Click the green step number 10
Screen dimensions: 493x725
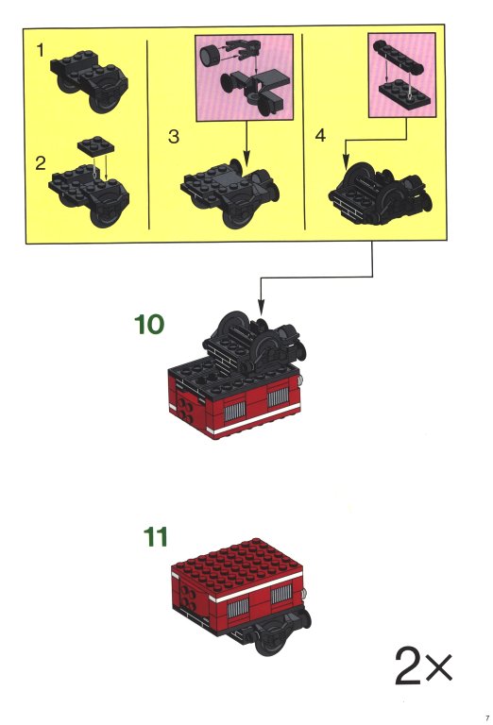click(149, 324)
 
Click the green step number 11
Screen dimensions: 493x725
click(156, 537)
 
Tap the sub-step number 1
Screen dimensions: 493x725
click(41, 50)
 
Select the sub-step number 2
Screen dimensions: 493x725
click(41, 163)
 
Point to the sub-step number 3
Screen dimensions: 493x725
click(174, 136)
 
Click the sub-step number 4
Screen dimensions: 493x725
click(320, 136)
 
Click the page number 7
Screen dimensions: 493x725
click(486, 718)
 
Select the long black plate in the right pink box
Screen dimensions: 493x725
click(399, 57)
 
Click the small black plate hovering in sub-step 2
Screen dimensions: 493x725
click(95, 144)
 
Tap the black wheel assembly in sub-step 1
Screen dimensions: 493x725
click(90, 81)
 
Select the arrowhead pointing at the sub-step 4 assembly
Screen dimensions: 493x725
click(346, 161)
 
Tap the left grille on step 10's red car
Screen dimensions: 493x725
click(234, 411)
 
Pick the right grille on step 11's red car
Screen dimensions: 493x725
click(281, 594)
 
